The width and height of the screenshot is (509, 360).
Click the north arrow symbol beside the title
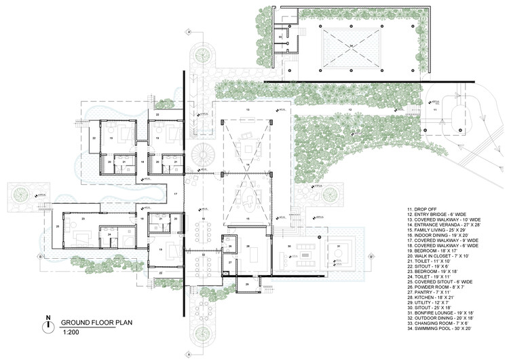[x=48, y=325]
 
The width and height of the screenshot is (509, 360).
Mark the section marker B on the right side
[x=372, y=256]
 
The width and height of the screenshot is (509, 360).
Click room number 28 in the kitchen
[x=248, y=246]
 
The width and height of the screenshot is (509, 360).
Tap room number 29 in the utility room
[x=248, y=283]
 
